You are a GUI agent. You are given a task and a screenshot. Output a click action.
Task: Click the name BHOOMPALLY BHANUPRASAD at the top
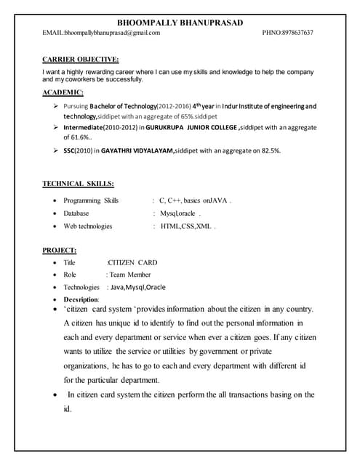point(179,21)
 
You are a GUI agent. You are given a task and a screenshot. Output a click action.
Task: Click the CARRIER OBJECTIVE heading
point(81,59)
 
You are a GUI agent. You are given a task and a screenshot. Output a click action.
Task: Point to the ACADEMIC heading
point(63,93)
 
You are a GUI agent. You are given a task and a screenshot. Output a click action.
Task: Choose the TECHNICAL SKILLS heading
point(78,184)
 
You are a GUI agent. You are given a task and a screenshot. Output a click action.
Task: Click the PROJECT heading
point(60,250)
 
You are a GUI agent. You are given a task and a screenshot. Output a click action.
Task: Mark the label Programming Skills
point(90,200)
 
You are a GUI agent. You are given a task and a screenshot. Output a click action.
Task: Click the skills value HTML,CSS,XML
point(184,226)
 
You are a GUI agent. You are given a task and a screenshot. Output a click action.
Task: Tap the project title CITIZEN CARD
point(132,262)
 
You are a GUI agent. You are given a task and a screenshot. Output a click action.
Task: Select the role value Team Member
point(129,275)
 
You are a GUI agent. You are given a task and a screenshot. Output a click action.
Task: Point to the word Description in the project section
point(81,299)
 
